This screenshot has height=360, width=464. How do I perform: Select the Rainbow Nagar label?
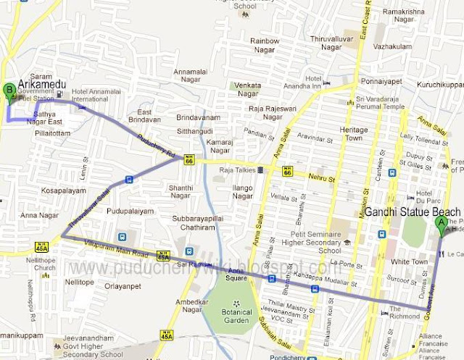click(x=264, y=46)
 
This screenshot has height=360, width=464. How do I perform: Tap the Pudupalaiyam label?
click(x=130, y=211)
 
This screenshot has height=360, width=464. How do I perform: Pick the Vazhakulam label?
click(x=392, y=46)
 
